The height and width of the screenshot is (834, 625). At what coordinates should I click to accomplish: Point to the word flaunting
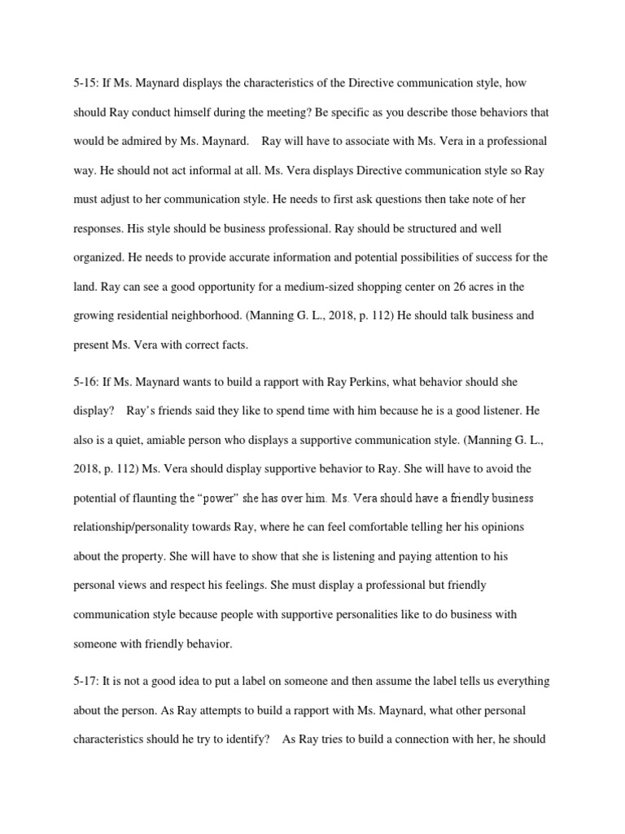pos(152,497)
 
